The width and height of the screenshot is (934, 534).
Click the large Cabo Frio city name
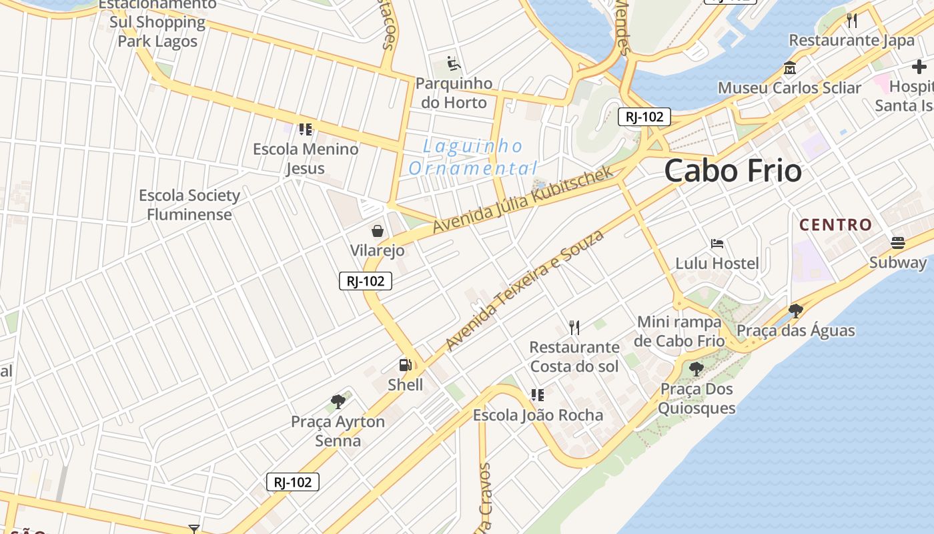733,171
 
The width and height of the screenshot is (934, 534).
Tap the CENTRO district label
835,225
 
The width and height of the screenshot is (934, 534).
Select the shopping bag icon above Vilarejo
378,231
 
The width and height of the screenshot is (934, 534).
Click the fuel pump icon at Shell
405,364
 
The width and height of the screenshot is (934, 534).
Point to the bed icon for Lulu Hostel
717,244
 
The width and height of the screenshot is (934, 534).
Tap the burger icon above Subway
897,242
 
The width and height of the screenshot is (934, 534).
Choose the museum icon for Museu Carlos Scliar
790,68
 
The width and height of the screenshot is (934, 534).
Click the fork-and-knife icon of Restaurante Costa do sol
574,327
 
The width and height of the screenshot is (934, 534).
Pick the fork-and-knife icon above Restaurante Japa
852,20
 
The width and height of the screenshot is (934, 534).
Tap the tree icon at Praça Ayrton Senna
338,402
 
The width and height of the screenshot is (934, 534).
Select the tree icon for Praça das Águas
795,310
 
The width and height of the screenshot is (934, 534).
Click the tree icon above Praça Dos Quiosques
696,368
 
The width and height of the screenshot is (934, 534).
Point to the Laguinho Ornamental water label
473,157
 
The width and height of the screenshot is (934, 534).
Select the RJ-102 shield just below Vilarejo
365,281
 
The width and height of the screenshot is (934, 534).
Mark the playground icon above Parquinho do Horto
454,63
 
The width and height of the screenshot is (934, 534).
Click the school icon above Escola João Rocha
537,395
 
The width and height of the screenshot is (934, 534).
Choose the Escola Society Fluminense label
189,205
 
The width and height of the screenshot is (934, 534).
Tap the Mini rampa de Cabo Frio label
680,331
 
